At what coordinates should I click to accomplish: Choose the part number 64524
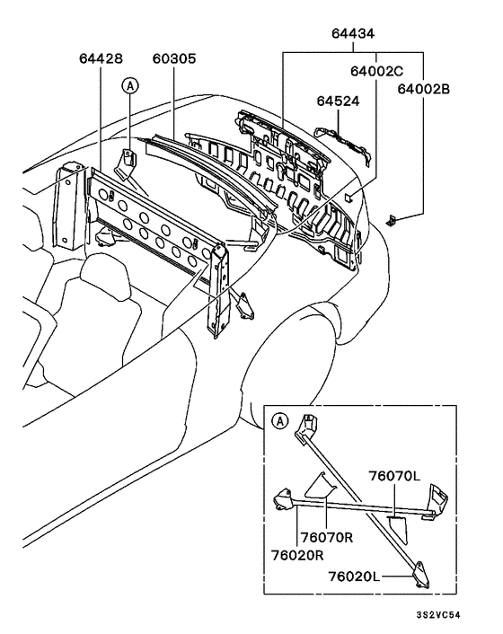[x=337, y=101]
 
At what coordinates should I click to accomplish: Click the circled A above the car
[x=130, y=86]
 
